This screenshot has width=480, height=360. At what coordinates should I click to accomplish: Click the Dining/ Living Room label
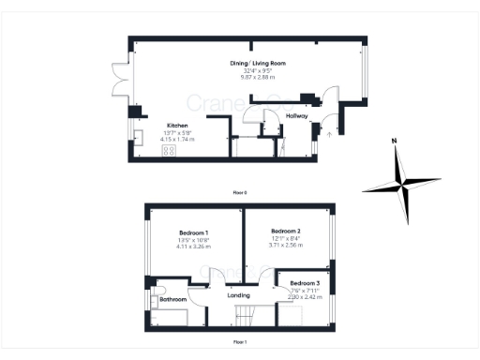coord(258,63)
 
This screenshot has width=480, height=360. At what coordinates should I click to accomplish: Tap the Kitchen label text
coord(178,125)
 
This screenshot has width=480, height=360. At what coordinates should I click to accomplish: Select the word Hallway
coord(297,116)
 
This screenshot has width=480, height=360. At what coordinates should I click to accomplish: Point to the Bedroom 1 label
coord(193,232)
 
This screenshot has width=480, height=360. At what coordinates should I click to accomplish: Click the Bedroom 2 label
coord(285,231)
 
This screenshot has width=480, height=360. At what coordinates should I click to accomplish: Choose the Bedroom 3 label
coord(304,283)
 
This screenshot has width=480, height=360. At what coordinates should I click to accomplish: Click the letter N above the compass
coord(395,141)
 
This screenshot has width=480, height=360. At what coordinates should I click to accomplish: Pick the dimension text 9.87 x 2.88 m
coord(258,77)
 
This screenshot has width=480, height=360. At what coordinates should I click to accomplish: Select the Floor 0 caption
coord(240,191)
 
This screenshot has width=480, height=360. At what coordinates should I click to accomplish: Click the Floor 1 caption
coord(240,342)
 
